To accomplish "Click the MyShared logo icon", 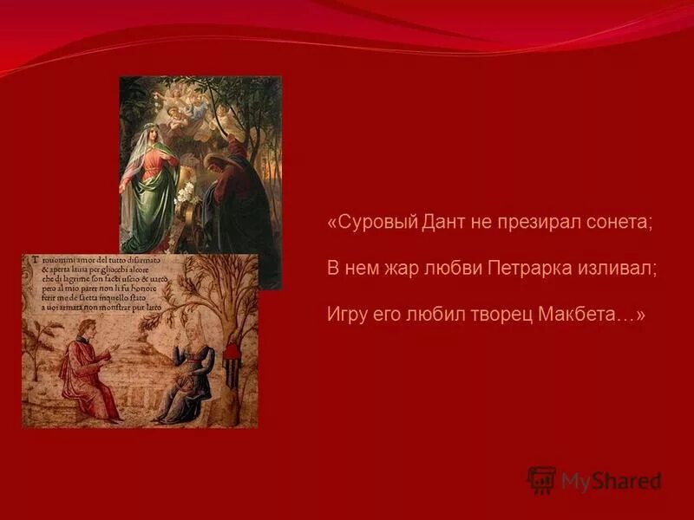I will [x=541, y=480].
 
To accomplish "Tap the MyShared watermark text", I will [x=611, y=481].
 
